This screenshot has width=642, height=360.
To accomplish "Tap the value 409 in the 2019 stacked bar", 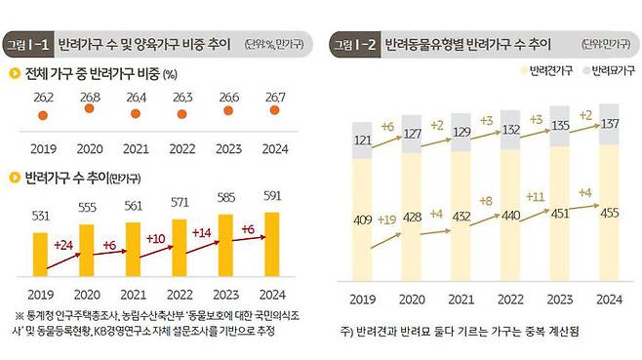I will pyautogui.click(x=363, y=219).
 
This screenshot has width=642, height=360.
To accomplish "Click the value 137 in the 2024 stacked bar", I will pyautogui.click(x=608, y=125).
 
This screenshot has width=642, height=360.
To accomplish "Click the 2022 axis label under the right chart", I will pyautogui.click(x=509, y=300).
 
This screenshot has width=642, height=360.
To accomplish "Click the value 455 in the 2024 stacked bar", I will pyautogui.click(x=608, y=213).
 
